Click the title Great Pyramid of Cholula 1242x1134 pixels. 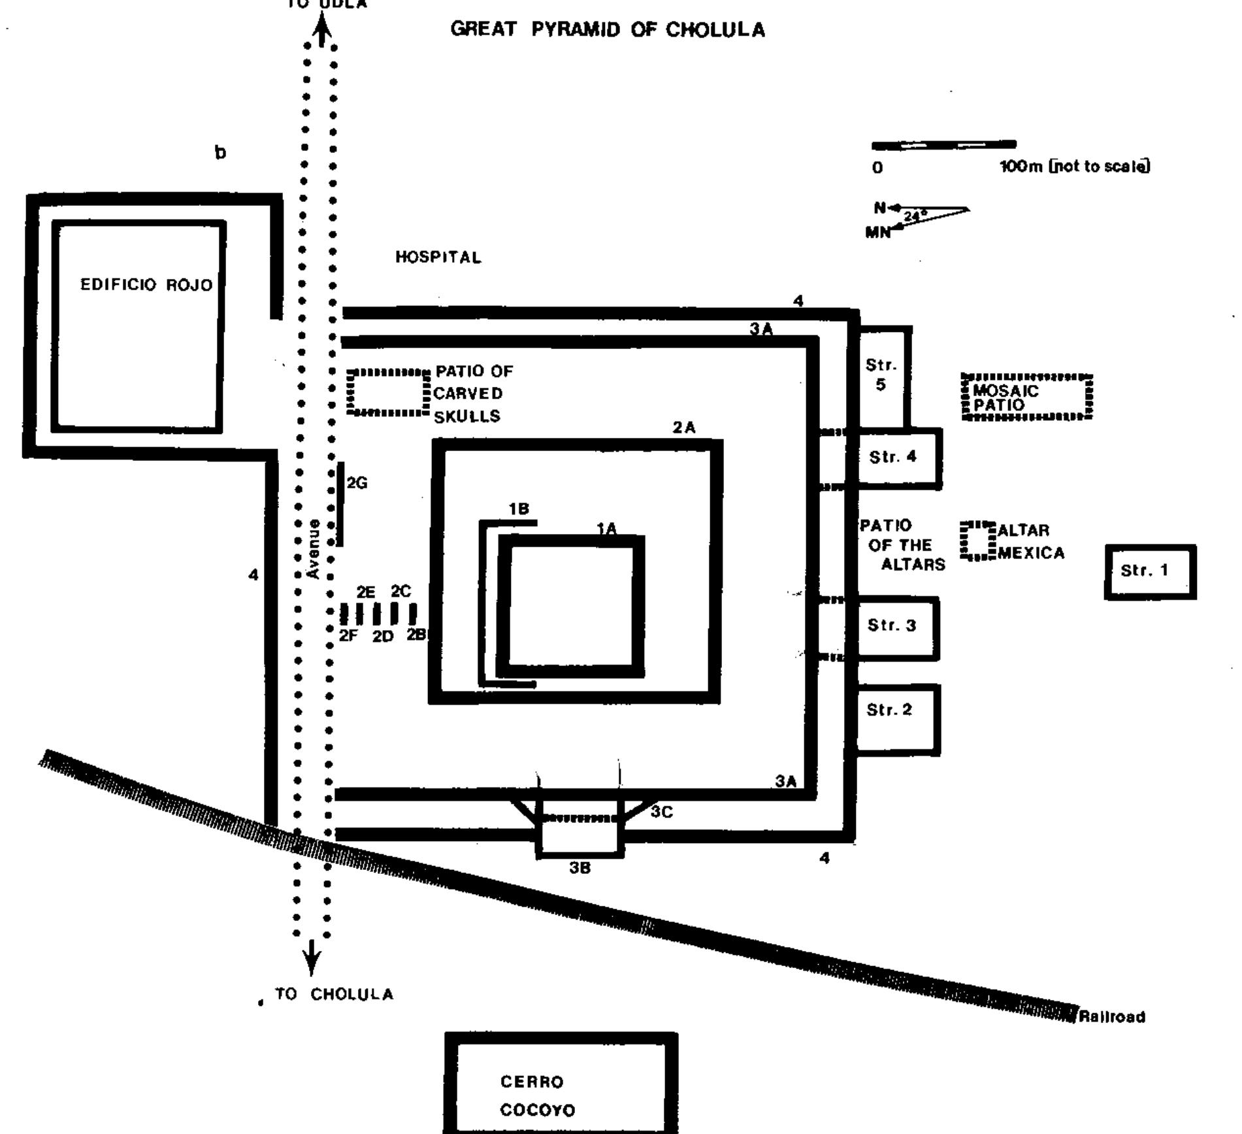(608, 30)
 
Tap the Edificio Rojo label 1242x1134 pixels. (146, 285)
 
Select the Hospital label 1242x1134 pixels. (438, 258)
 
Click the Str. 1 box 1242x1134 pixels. (1150, 571)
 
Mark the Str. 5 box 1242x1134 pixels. (882, 375)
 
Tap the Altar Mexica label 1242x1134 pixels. (1031, 542)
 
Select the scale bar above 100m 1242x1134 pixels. (943, 145)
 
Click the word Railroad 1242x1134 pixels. (1112, 1017)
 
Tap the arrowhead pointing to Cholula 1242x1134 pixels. (312, 965)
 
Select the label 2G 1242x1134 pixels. (357, 483)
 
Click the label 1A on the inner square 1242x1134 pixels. (607, 529)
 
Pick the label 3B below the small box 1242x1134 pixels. (580, 868)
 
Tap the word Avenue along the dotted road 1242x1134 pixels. (314, 549)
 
